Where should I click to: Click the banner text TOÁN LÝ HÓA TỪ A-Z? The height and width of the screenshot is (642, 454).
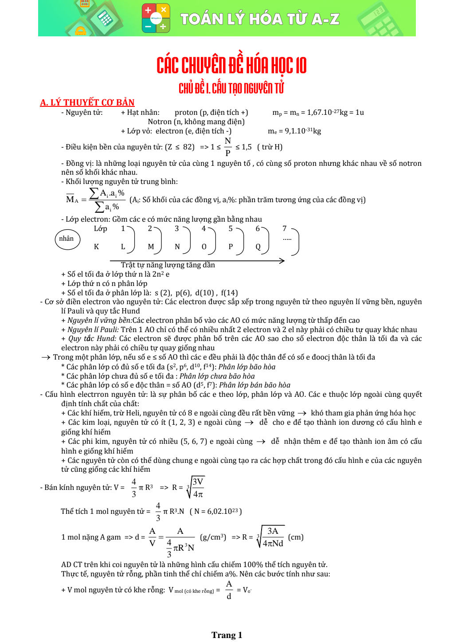(260, 19)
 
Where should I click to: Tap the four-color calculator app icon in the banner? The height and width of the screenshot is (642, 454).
(156, 19)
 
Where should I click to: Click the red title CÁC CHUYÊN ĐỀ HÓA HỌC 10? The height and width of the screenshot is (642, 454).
(231, 66)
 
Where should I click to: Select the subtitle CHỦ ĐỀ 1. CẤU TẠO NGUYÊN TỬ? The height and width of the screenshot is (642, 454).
(231, 88)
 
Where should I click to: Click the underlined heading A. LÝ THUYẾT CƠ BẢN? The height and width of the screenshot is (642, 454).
(87, 102)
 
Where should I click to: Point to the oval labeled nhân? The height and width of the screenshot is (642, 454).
(67, 239)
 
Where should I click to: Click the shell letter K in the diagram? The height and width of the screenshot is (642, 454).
(96, 247)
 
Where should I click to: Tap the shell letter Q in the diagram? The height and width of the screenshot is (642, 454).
(258, 247)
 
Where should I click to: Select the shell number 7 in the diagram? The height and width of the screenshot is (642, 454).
(285, 229)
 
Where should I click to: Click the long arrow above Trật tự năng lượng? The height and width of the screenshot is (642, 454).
(197, 261)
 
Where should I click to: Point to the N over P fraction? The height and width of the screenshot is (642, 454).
(228, 147)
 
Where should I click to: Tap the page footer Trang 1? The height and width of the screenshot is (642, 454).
(227, 635)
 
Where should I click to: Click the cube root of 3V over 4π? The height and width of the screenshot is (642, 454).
(196, 487)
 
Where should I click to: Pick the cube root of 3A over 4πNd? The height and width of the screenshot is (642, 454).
(270, 537)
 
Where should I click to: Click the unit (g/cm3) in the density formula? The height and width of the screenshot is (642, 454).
(213, 537)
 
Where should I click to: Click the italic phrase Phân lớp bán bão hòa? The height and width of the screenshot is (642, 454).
(254, 385)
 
